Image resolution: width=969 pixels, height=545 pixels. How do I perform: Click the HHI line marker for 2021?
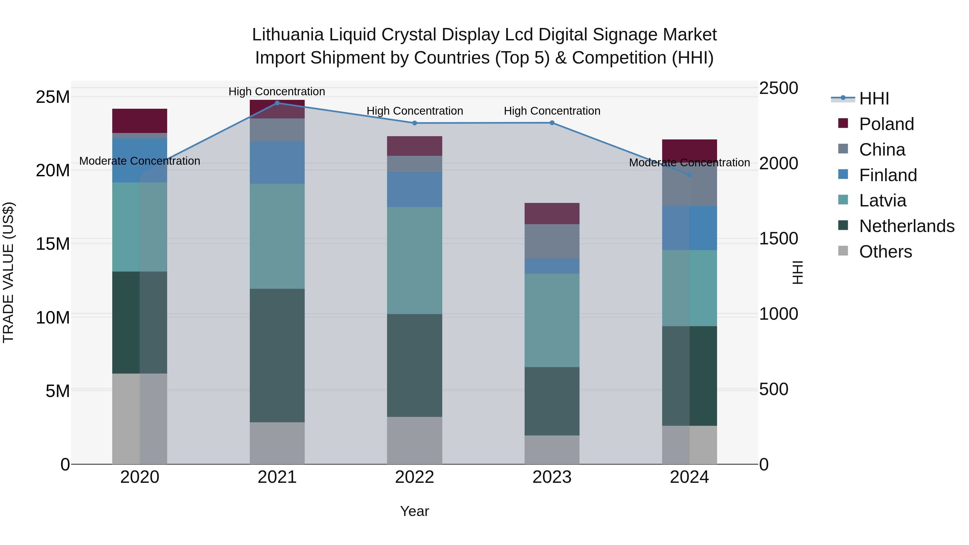[x=277, y=103]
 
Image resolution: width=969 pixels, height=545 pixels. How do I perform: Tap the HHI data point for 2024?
[x=690, y=175]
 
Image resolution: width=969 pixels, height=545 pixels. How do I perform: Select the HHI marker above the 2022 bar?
[x=415, y=123]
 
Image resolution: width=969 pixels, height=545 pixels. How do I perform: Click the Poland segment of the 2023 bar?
[x=552, y=214]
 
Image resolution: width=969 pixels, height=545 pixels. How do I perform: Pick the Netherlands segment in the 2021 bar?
[x=277, y=356]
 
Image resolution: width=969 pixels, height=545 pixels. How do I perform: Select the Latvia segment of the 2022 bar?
[x=415, y=260]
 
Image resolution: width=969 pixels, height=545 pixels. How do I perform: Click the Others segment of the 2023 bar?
[x=552, y=450]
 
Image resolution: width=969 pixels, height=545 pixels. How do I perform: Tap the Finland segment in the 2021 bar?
[x=277, y=163]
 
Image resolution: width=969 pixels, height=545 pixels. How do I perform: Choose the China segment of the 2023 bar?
[x=552, y=241]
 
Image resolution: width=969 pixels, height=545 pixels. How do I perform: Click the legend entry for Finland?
[x=888, y=175]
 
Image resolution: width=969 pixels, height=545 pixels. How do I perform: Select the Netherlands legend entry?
[x=907, y=226]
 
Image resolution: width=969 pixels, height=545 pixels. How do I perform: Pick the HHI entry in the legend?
[x=874, y=99]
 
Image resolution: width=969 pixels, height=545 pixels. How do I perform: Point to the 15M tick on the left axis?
[x=53, y=244]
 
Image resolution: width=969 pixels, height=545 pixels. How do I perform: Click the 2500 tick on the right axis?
[x=778, y=88]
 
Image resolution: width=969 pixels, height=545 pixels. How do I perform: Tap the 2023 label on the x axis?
[x=552, y=477]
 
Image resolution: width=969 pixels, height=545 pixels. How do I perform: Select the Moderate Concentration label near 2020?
[x=139, y=161]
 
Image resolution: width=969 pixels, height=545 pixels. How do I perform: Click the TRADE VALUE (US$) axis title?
[x=9, y=272]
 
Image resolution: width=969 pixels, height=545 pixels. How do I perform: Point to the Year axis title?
[x=414, y=511]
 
